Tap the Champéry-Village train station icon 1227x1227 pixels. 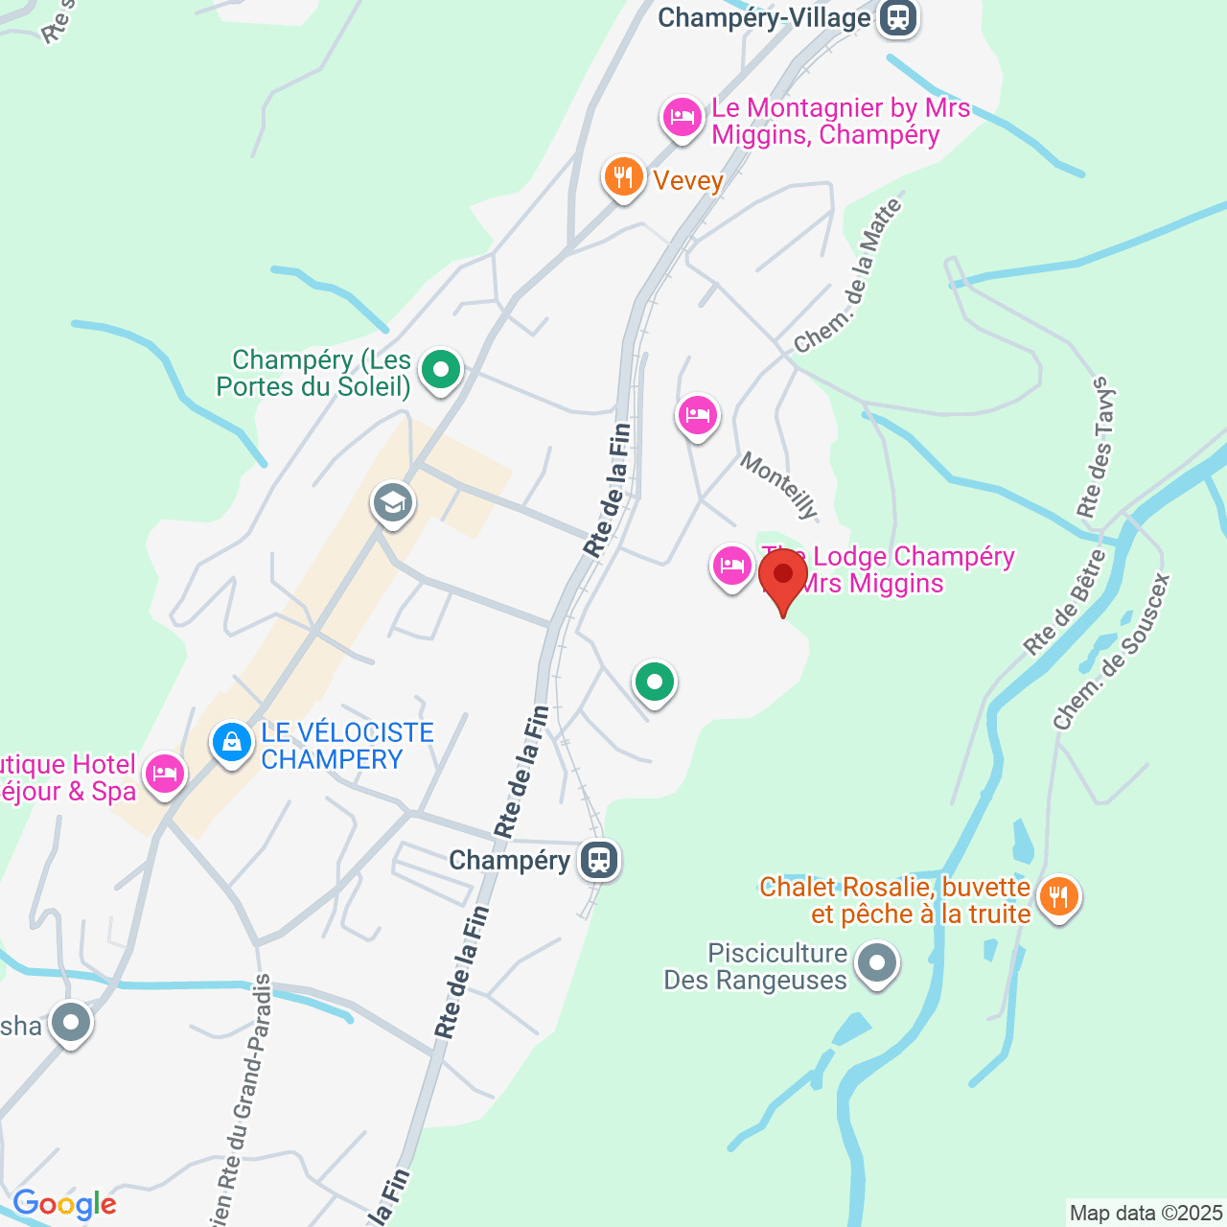[x=897, y=17]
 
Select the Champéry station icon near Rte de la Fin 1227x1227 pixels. [x=600, y=859]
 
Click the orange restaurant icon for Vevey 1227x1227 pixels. [x=623, y=177]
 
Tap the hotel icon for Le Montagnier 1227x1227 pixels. [x=682, y=118]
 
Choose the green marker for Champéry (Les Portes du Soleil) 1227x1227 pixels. [x=441, y=369]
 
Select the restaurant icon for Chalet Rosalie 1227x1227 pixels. [x=1058, y=897]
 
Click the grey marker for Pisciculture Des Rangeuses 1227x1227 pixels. [x=876, y=963]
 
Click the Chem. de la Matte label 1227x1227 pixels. [x=849, y=276]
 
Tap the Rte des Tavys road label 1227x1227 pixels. [x=1098, y=447]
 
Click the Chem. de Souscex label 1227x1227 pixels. [x=1112, y=652]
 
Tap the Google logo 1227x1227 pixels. [x=64, y=1204]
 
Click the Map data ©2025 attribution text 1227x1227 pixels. [x=1146, y=1214]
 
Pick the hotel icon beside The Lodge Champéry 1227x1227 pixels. [x=731, y=567]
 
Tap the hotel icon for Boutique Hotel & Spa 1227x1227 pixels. [x=164, y=773]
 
